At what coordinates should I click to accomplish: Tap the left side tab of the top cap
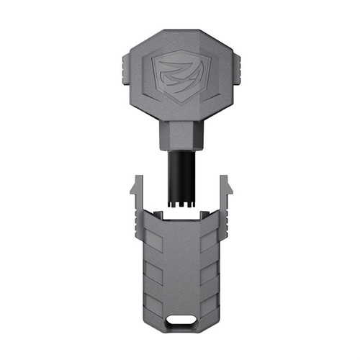coord(122,71)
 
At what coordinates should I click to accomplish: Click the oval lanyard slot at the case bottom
coord(179,320)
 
